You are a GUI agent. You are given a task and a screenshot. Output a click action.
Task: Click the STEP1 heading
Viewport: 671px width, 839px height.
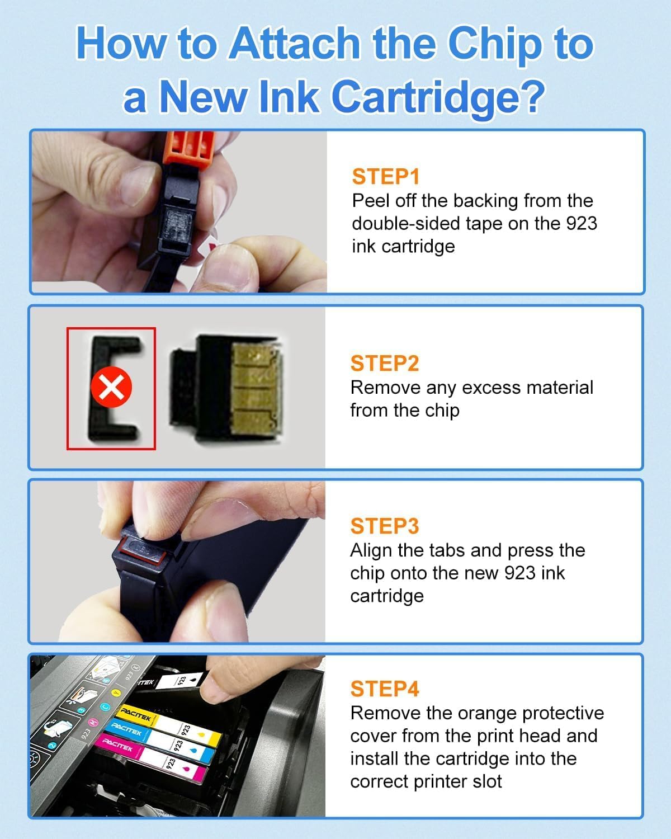385,177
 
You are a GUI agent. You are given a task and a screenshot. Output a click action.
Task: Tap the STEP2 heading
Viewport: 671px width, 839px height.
384,364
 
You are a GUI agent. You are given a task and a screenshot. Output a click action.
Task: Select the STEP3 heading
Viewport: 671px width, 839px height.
384,526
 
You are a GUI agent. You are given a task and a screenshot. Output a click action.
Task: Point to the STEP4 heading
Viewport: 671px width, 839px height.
384,689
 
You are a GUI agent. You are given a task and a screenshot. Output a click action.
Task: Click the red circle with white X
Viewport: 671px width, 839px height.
111,388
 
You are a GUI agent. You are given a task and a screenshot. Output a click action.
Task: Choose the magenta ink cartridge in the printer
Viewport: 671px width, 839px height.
151,755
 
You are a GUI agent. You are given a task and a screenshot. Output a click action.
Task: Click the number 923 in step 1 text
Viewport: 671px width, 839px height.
581,223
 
